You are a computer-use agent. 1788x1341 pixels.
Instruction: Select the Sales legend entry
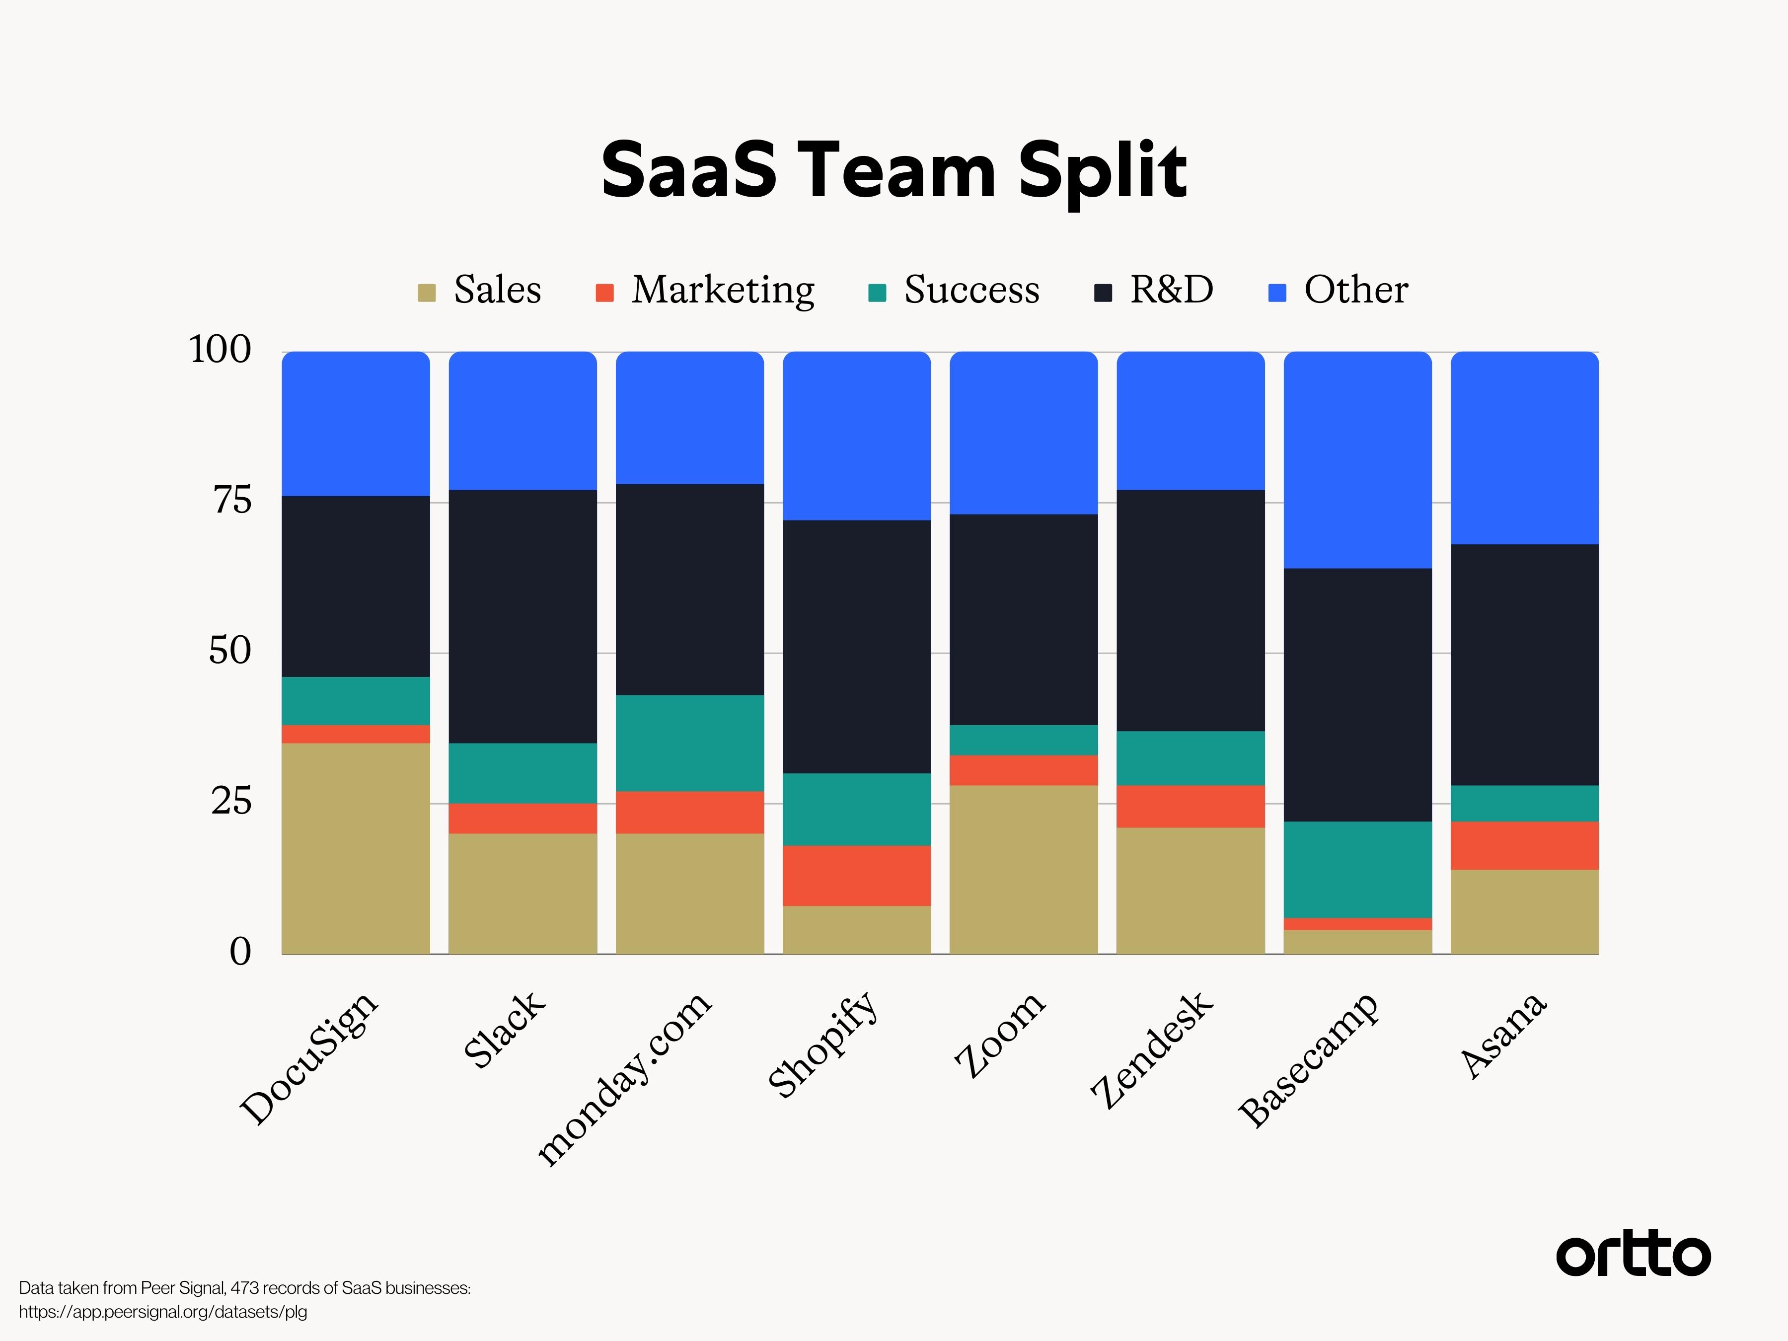point(480,290)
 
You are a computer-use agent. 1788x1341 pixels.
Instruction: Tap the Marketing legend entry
point(705,290)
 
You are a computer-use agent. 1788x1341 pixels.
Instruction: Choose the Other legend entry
point(1339,290)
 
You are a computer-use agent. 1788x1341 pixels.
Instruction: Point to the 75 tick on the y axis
point(232,501)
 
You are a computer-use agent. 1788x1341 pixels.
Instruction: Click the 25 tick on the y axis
point(232,802)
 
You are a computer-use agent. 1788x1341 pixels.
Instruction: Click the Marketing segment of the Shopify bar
point(857,876)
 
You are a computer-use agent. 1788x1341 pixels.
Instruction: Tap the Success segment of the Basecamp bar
point(1358,869)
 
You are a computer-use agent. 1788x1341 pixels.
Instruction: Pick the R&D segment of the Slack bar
point(523,616)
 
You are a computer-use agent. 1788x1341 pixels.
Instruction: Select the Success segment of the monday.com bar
point(689,743)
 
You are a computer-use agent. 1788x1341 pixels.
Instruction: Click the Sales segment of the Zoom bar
point(1023,869)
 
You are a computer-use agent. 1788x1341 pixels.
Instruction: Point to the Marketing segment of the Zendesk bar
point(1191,806)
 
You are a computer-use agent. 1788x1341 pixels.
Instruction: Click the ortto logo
point(1633,1255)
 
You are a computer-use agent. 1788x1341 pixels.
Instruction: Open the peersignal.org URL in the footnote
point(163,1311)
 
